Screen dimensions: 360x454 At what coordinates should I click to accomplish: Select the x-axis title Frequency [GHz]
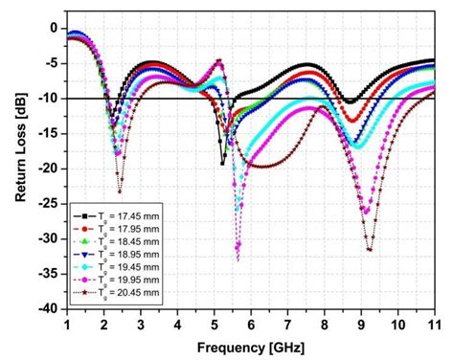251,346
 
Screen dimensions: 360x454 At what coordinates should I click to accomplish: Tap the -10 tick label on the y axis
49,99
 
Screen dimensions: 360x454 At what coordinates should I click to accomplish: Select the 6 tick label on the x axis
251,325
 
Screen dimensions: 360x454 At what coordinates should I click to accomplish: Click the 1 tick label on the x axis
67,325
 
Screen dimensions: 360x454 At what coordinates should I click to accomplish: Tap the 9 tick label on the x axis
361,325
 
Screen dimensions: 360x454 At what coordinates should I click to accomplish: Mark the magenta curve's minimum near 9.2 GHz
369,250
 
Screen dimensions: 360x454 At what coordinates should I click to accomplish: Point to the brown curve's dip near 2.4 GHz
120,191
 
